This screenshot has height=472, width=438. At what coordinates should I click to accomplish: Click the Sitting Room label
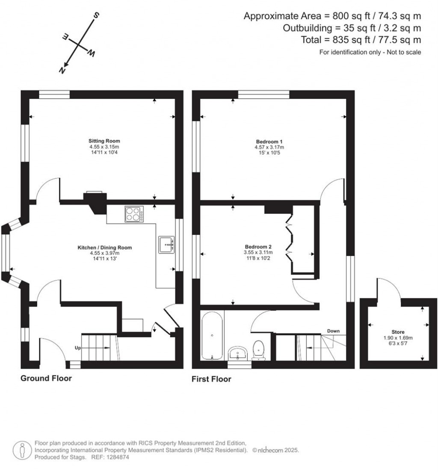click(x=104, y=141)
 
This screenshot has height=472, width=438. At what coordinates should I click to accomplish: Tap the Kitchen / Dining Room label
click(x=104, y=248)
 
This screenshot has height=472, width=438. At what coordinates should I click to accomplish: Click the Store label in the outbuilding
click(x=398, y=331)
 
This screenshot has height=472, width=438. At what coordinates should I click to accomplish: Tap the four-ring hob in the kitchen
click(x=133, y=214)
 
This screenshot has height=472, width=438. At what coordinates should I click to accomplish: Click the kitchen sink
click(x=166, y=244)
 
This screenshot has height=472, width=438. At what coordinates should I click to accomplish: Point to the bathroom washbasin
click(x=238, y=354)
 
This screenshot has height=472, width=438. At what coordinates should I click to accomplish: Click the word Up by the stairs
click(x=78, y=348)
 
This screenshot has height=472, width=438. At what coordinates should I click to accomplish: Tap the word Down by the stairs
click(x=333, y=331)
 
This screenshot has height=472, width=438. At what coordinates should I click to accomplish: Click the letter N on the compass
click(x=62, y=69)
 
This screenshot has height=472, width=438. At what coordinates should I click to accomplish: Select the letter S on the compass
click(x=97, y=16)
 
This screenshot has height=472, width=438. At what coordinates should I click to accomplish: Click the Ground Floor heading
click(x=46, y=378)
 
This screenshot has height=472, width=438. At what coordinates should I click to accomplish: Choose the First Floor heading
click(x=211, y=379)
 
